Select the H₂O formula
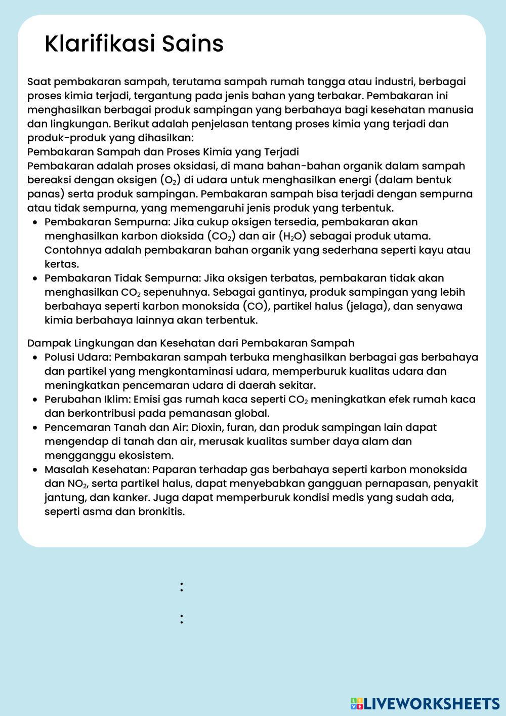tap(292, 236)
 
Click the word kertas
tap(61, 264)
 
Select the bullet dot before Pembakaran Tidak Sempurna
tap(34, 279)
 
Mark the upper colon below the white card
tap(181, 587)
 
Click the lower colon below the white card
tap(181, 619)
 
